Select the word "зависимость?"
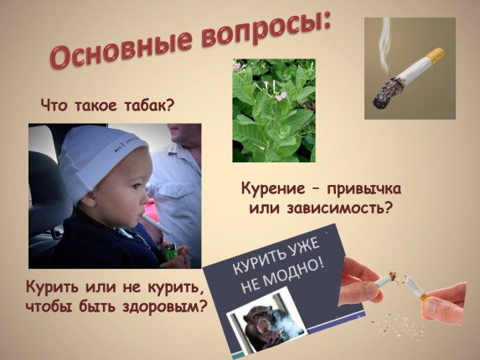pyautogui.click(x=340, y=208)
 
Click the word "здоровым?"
pyautogui.click(x=163, y=306)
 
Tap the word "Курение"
pyautogui.click(x=273, y=188)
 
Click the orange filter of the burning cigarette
pyautogui.click(x=434, y=55)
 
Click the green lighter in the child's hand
pyautogui.click(x=169, y=251)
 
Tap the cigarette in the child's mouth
pyautogui.click(x=156, y=224)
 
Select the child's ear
pyautogui.click(x=88, y=198)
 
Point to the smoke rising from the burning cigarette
pyautogui.click(x=385, y=43)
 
